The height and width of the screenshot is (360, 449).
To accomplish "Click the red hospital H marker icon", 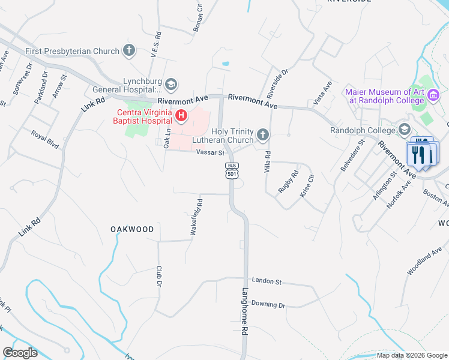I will tap(179, 114).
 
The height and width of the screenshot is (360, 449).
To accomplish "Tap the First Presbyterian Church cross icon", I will tap(129, 51).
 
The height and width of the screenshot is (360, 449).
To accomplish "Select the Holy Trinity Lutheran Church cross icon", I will tap(262, 135).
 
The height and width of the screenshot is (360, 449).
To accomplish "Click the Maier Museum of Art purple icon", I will tap(433, 95).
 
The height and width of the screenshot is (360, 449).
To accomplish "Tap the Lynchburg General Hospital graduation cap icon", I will tap(171, 84).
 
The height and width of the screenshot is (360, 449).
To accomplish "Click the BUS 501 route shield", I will tap(232, 170).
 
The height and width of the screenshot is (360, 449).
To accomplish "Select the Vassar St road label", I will tap(209, 153).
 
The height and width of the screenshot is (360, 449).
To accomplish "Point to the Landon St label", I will tap(267, 280).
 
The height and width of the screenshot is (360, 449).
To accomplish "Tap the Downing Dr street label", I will tap(268, 304).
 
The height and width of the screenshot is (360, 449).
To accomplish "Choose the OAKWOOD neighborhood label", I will tap(132, 229).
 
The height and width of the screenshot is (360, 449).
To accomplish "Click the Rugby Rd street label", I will tap(288, 182).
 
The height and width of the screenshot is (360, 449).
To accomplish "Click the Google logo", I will tap(20, 353).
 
